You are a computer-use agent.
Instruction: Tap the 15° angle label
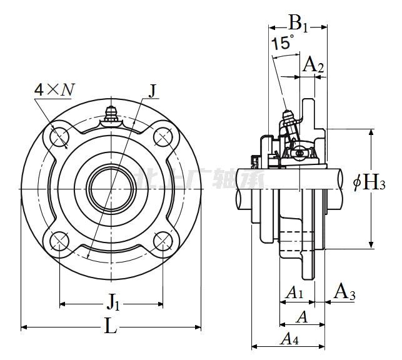[x=282, y=43]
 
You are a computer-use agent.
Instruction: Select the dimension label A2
[x=313, y=64]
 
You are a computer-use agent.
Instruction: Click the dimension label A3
[x=344, y=292]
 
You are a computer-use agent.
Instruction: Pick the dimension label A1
[x=294, y=292]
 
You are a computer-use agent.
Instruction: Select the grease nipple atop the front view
[x=112, y=114]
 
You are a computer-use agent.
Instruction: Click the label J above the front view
[x=153, y=91]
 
